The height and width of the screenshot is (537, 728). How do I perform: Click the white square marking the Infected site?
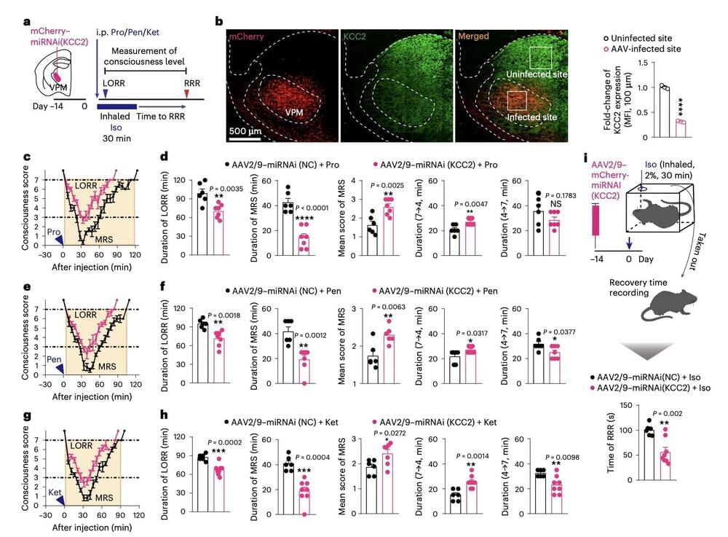click(x=516, y=101)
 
